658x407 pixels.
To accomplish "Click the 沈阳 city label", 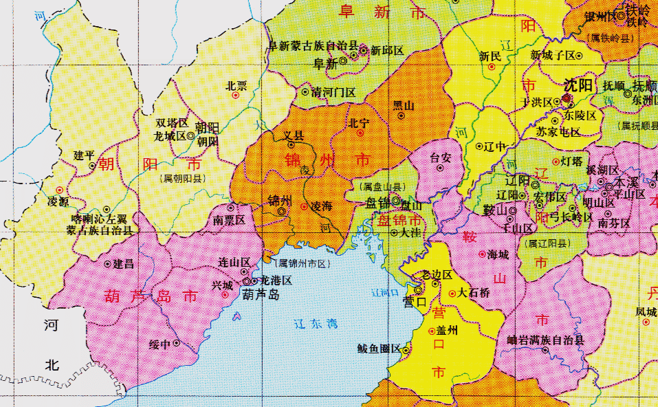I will tap(578, 86).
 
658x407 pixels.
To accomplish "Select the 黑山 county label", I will tap(404, 105).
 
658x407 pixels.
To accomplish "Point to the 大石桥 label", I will tap(474, 292).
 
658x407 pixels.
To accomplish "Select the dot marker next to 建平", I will tap(92, 166).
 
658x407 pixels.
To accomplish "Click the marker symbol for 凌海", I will tap(305, 206).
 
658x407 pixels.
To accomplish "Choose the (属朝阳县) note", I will tap(181, 177).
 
